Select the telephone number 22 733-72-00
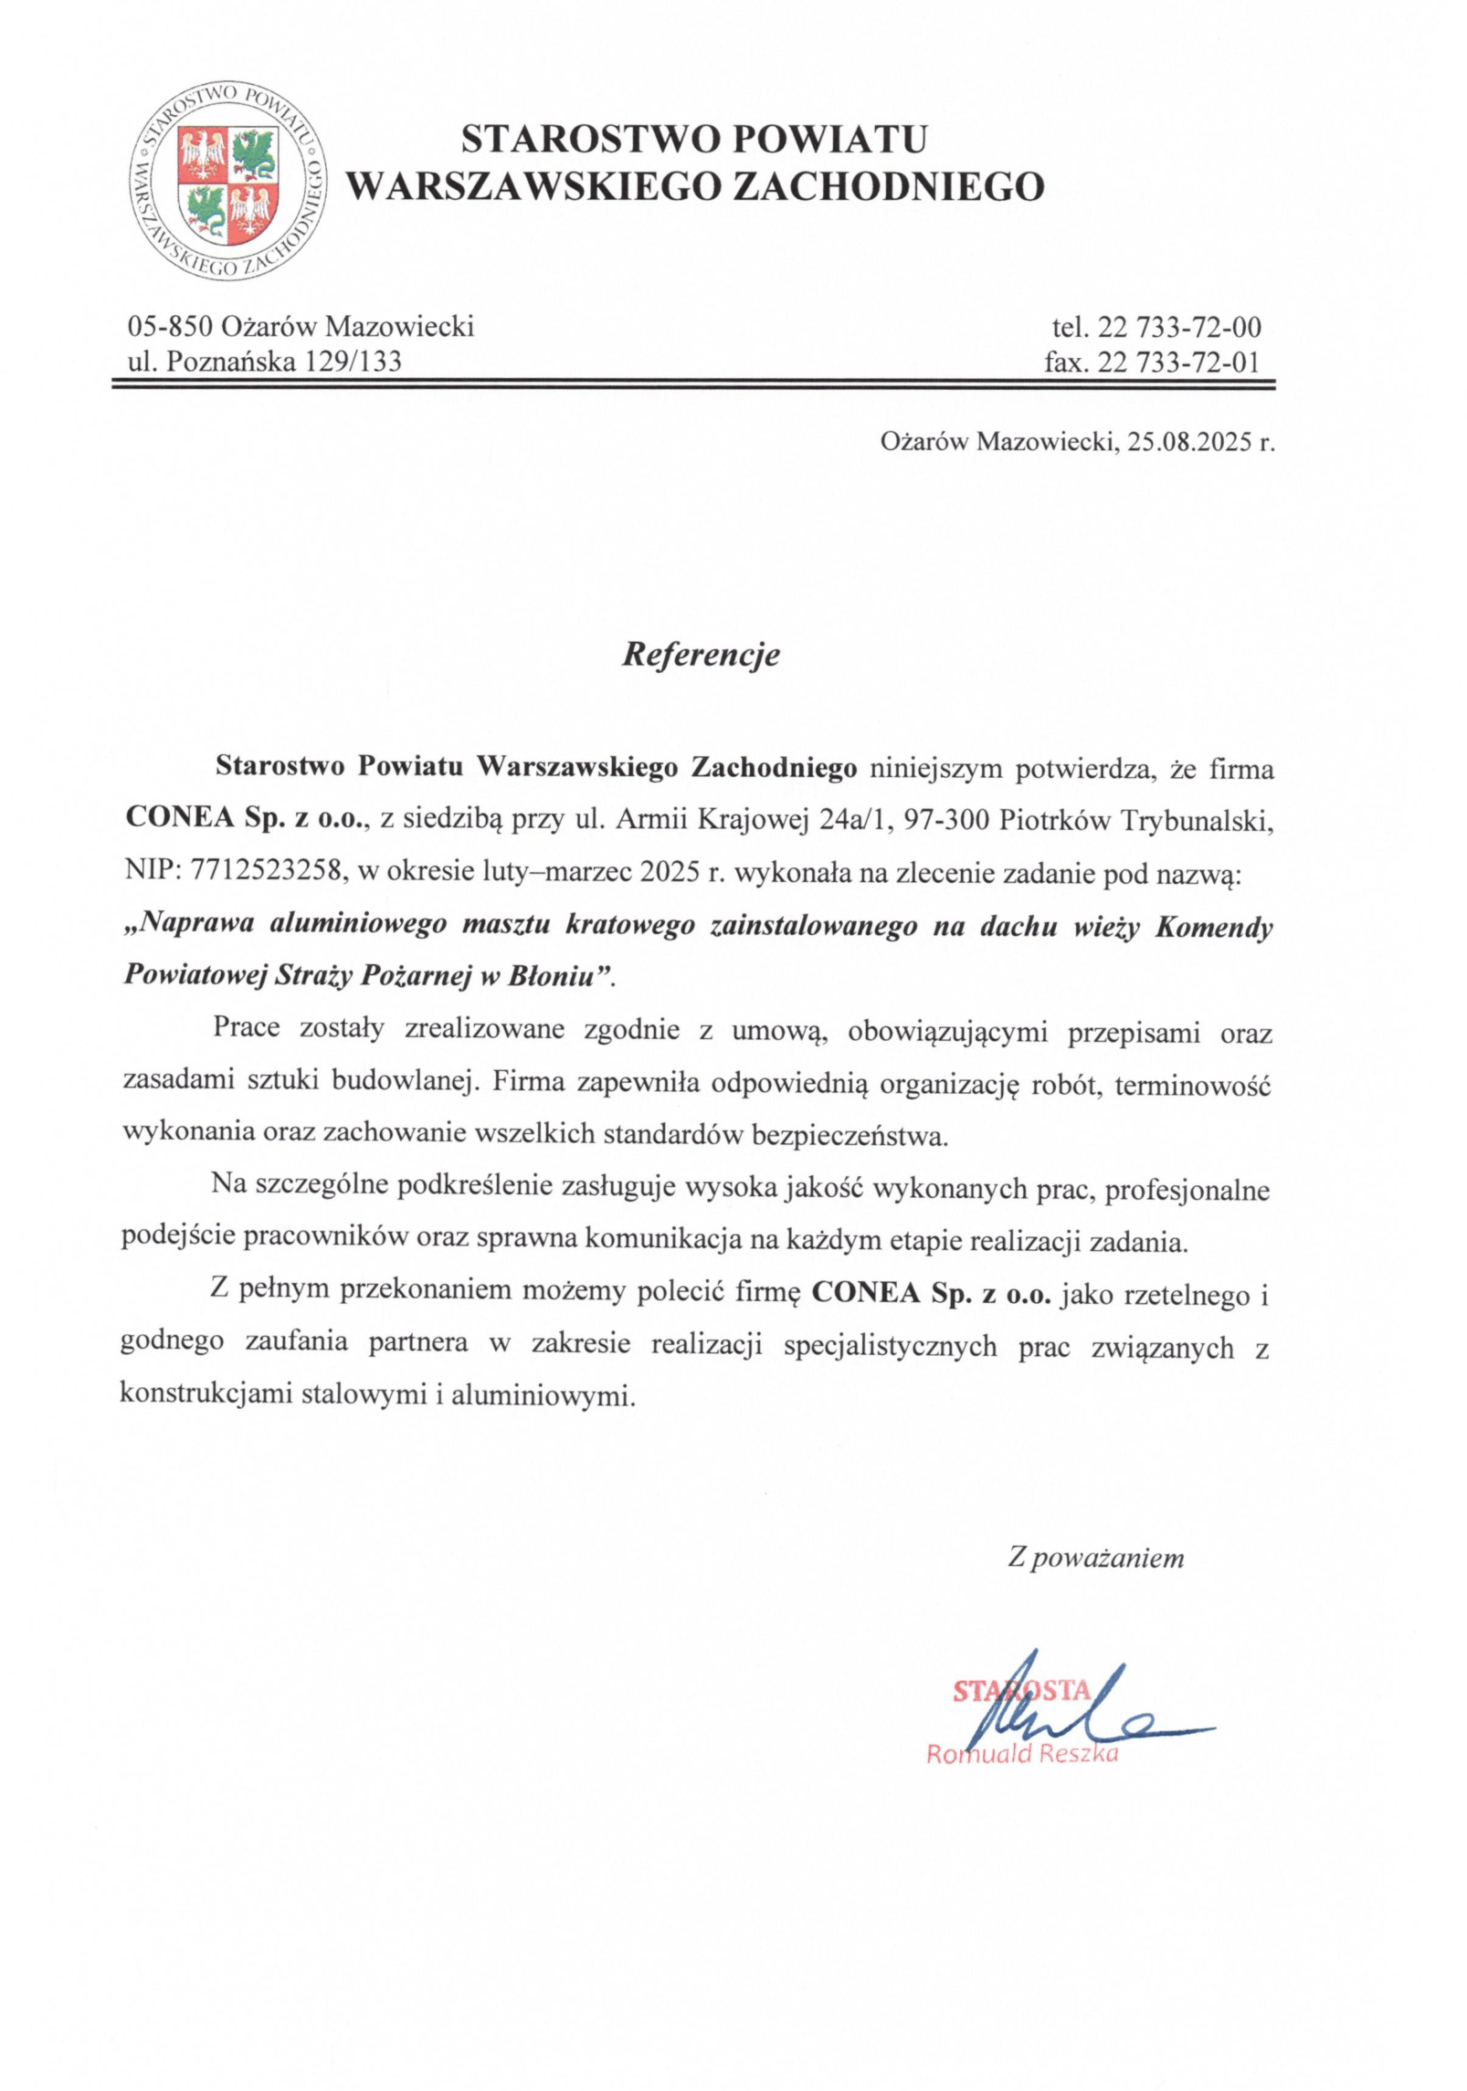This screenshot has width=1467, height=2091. click(1178, 327)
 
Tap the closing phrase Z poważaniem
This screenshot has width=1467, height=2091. click(1095, 1558)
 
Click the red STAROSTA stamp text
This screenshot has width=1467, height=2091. click(1021, 1691)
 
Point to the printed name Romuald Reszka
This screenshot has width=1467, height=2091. click(1022, 1753)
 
